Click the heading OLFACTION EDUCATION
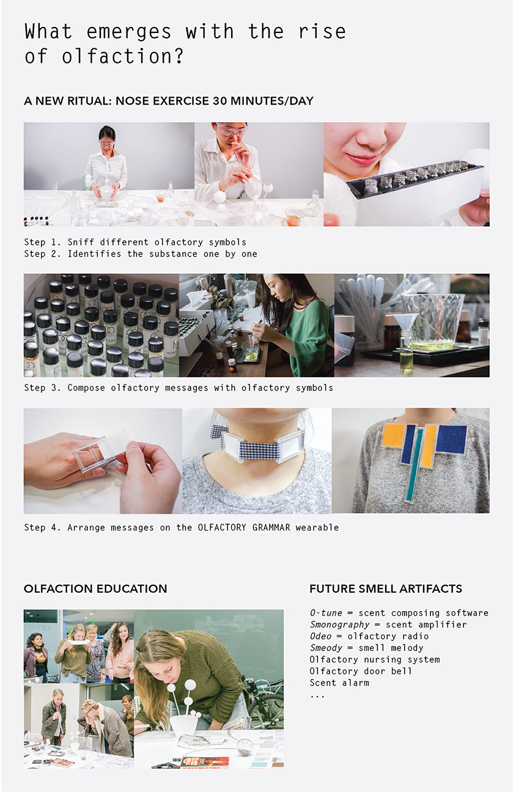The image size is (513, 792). click(x=95, y=588)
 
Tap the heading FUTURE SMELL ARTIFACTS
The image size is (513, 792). click(x=386, y=588)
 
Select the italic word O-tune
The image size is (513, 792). click(x=326, y=613)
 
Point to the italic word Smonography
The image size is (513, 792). click(x=339, y=625)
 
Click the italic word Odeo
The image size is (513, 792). click(x=320, y=636)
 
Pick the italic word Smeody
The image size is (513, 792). click(x=326, y=648)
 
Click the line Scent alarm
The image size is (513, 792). click(x=339, y=683)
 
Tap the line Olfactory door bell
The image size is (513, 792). click(x=361, y=671)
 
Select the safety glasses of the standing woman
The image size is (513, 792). click(x=107, y=144)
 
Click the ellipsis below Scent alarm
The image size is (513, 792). click(x=317, y=697)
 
